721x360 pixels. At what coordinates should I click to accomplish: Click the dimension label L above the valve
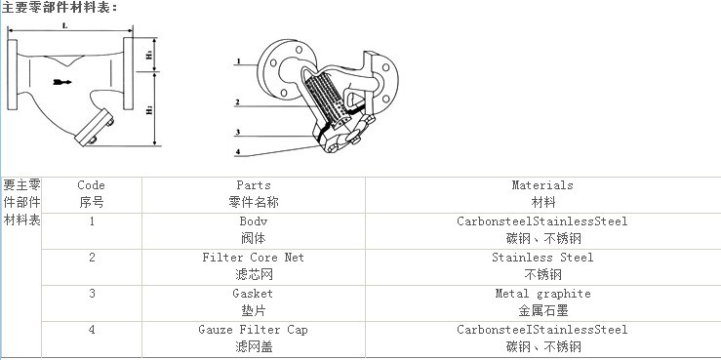(63, 25)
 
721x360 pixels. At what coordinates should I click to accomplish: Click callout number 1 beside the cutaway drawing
(238, 61)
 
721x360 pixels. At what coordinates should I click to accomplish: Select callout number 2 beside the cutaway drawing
(237, 101)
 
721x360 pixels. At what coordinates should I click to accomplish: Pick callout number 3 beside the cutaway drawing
(237, 132)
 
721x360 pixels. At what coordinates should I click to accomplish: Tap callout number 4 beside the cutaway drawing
(237, 152)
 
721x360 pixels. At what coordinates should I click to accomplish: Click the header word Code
(91, 185)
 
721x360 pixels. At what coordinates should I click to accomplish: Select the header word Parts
(254, 185)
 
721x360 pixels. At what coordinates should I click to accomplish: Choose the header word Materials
(542, 185)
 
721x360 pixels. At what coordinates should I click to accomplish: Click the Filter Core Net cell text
(254, 258)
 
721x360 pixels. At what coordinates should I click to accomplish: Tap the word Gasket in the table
(253, 294)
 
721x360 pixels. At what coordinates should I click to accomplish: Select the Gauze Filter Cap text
(253, 330)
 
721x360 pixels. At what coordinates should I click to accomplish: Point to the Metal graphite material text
(542, 294)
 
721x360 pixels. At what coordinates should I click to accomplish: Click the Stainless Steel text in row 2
(542, 258)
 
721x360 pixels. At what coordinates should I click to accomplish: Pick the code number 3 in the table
(92, 294)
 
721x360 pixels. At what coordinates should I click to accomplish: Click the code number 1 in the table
(92, 221)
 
